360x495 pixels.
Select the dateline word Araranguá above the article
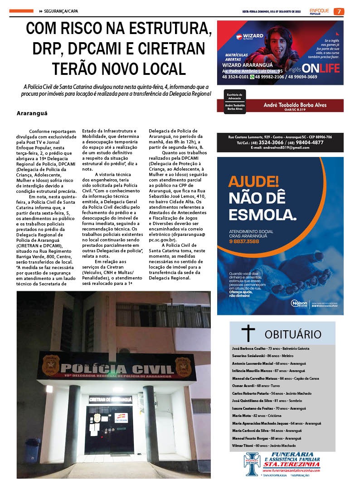(x=32, y=113)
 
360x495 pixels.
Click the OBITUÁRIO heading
(x=292, y=334)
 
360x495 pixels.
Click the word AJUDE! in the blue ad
(x=253, y=182)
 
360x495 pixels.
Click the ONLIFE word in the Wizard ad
(x=320, y=69)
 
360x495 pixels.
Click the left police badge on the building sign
(x=51, y=365)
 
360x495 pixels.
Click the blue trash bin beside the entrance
(x=33, y=449)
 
